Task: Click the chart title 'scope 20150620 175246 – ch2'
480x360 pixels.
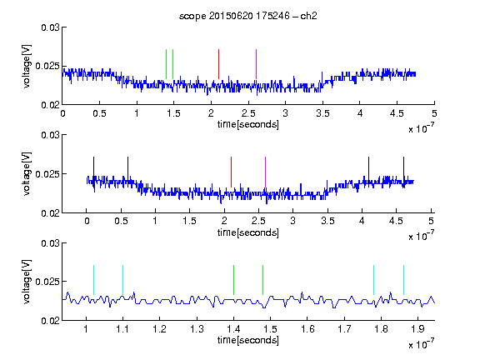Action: tap(248, 16)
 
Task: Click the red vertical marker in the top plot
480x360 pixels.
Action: tap(218, 64)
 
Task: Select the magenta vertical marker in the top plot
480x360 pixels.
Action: tap(256, 64)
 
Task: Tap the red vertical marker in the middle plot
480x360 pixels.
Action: tap(231, 172)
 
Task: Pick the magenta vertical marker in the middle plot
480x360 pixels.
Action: tap(265, 172)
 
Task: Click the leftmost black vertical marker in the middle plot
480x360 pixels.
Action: tap(93, 172)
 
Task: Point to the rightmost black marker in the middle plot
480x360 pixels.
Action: tap(403, 172)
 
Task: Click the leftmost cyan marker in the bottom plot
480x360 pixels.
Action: tap(93, 280)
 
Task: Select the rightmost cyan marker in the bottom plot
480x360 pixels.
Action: tap(403, 280)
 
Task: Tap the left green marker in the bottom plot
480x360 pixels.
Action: tap(233, 280)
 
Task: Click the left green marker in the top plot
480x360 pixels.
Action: tap(166, 64)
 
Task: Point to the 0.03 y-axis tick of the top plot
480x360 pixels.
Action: tap(50, 27)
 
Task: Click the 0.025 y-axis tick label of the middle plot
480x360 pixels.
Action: tap(47, 174)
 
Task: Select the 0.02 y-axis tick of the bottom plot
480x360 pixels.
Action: tap(50, 321)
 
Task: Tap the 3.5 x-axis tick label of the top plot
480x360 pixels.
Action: tap(322, 113)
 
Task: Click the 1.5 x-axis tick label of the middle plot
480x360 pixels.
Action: tap(189, 221)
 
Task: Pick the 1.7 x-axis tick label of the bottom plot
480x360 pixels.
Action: tap(344, 329)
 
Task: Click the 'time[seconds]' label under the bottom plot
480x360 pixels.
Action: tap(248, 340)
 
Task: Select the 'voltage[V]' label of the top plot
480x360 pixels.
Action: tap(27, 66)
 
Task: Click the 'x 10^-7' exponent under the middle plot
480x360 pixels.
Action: tap(421, 235)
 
